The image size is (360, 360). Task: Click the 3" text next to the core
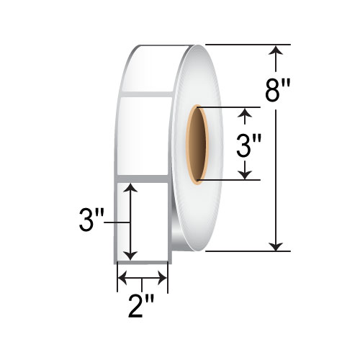(x=247, y=149)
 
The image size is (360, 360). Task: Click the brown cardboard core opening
(x=197, y=143)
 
